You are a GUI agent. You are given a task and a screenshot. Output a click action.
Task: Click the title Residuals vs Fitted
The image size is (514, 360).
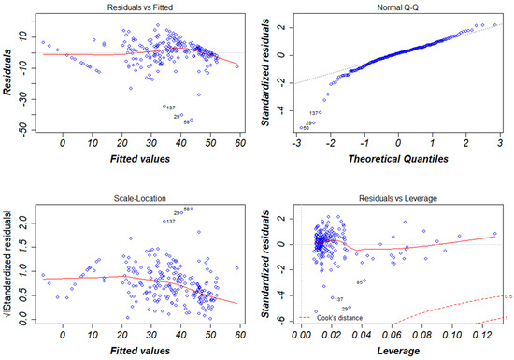click(135, 7)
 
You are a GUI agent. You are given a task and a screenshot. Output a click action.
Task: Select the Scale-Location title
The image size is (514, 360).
click(135, 199)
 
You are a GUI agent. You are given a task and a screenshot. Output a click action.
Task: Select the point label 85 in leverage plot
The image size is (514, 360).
click(360, 282)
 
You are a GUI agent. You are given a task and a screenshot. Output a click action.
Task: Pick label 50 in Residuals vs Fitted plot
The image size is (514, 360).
click(188, 122)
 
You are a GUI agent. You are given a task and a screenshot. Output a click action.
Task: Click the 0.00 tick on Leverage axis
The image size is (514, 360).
click(302, 334)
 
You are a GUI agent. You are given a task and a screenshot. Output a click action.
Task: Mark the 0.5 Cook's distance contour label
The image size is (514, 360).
click(507, 298)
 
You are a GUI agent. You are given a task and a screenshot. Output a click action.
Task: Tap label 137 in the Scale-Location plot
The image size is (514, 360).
click(170, 222)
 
